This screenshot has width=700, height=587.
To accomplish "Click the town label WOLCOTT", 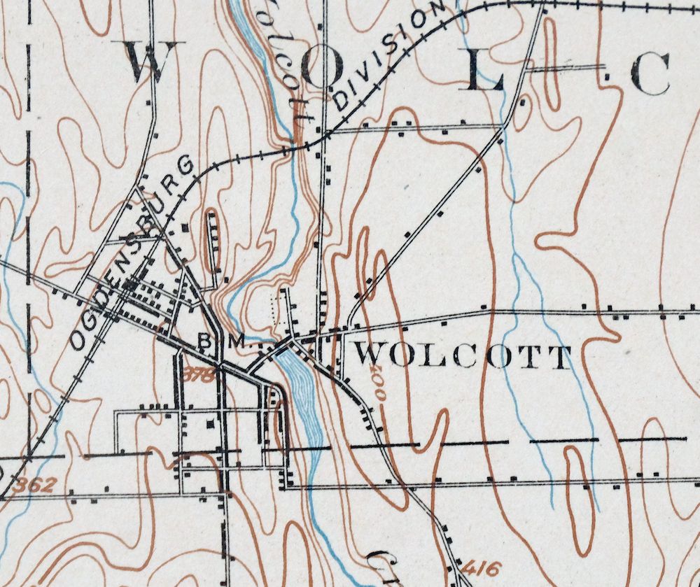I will tap(461, 358).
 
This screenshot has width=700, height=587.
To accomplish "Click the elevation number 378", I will tap(199, 375).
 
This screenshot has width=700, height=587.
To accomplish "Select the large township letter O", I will tap(322, 68).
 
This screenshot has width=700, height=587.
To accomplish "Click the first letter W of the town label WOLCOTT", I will tap(367, 356).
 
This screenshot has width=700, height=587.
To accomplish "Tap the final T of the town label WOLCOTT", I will tap(560, 358).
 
